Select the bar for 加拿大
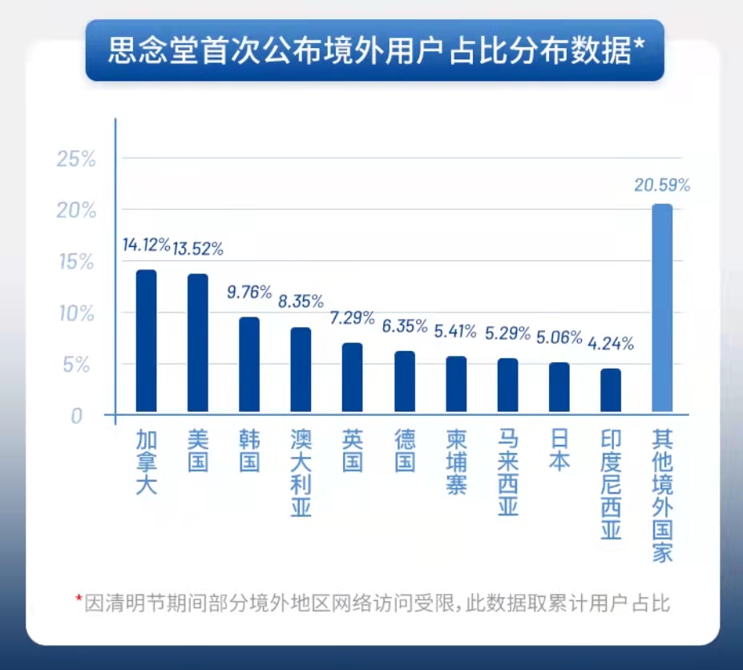[146, 342]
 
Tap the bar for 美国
[198, 345]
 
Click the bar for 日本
[559, 388]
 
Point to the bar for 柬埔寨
[456, 385]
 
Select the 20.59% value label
[662, 185]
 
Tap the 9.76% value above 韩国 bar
[249, 292]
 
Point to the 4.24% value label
[611, 344]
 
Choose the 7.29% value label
[353, 317]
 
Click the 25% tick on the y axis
[76, 159]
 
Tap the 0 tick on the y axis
[76, 416]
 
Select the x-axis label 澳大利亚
[301, 473]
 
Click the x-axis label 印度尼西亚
[611, 484]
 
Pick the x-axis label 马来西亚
[508, 473]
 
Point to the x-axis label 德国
[405, 450]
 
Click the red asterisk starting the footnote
[79, 599]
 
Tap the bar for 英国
[353, 378]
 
